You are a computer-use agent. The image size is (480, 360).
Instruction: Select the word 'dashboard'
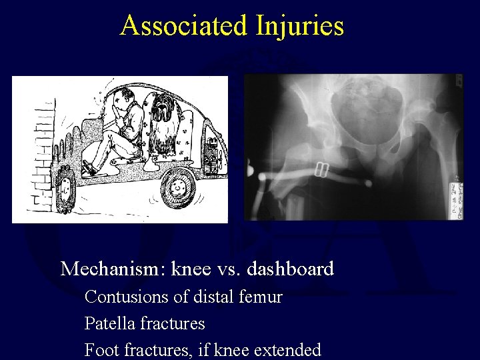291,269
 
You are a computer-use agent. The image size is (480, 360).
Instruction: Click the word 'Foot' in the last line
99,349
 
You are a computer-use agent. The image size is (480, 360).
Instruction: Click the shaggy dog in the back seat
163,123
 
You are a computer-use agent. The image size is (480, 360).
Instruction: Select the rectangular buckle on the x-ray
322,170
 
